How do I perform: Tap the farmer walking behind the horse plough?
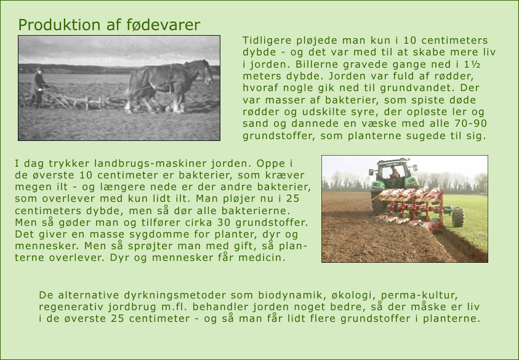pyautogui.click(x=38, y=87)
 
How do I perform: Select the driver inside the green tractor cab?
pyautogui.click(x=393, y=172)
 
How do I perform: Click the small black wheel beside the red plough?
pyautogui.click(x=458, y=217)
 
